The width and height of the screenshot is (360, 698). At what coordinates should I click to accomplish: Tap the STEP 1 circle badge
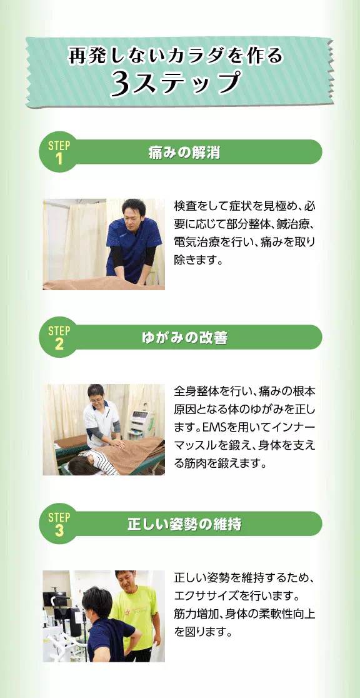pos(59,152)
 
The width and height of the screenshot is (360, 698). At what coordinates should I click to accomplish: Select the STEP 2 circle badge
pos(59,338)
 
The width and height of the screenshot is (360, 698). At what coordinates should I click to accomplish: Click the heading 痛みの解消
pos(184,152)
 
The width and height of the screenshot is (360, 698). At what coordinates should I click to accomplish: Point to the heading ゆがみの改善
pos(184,338)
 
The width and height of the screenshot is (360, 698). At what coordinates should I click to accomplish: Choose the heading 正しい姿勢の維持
pos(184,524)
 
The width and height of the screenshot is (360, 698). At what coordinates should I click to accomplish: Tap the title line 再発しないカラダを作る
pos(176,56)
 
